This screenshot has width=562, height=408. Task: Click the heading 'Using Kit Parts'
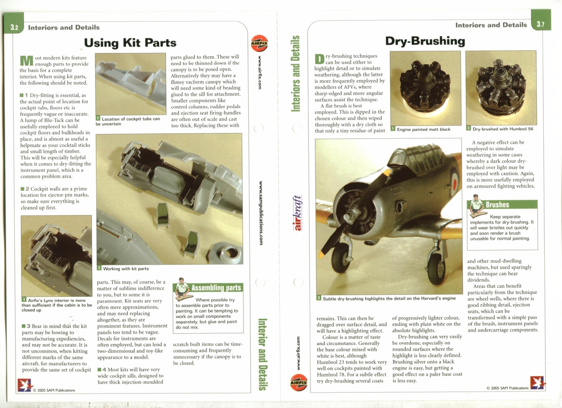tap(130, 43)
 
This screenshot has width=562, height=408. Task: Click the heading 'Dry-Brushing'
tap(425, 41)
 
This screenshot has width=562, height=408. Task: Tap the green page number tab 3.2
tap(14, 27)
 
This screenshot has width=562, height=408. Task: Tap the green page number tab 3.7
tap(540, 24)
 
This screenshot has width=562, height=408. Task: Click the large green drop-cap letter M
tap(26, 61)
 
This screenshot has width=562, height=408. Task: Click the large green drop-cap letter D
tap(320, 59)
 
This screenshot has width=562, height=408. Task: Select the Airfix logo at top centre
tap(259, 44)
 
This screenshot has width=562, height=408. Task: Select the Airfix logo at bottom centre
tap(299, 382)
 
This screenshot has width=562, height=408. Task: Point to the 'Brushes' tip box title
tap(497, 205)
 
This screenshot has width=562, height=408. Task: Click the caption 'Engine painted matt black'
tap(423, 129)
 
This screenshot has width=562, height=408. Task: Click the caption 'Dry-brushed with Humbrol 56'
tap(502, 129)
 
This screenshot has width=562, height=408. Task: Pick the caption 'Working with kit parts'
tap(126, 269)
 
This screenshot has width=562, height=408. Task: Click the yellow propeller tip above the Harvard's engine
tap(387, 173)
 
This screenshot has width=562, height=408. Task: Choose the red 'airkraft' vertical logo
tap(297, 213)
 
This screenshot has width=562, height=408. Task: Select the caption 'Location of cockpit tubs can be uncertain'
tap(128, 121)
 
